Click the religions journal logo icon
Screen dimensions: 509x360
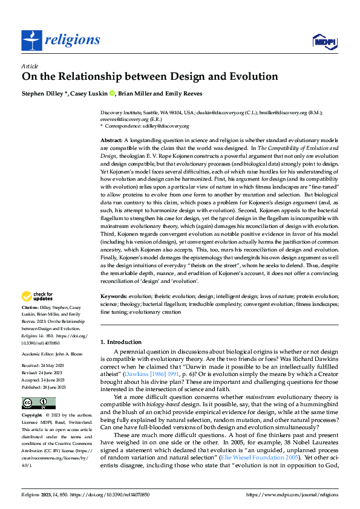click(x=31, y=41)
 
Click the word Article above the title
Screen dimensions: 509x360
click(x=30, y=66)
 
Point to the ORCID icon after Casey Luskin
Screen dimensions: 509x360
click(x=112, y=93)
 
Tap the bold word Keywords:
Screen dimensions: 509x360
click(x=114, y=297)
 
